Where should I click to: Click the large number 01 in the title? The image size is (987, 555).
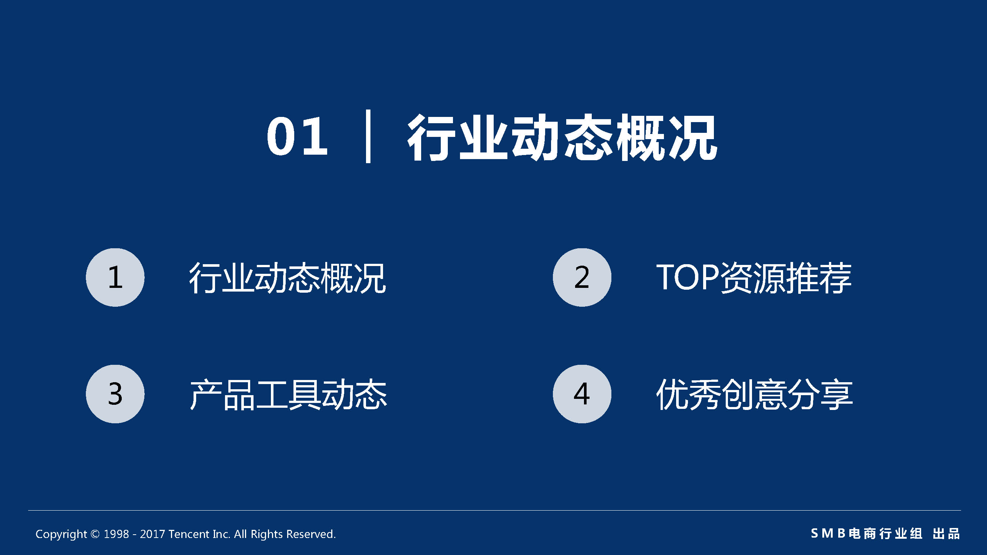pos(297,137)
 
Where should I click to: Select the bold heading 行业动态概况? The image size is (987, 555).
pos(562,137)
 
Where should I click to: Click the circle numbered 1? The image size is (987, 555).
pos(115,277)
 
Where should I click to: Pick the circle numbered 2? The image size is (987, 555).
pos(582,277)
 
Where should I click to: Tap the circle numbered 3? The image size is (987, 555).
pos(115,394)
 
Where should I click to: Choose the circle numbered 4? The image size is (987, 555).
pos(582,394)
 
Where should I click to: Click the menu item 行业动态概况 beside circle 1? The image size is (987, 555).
pos(287,278)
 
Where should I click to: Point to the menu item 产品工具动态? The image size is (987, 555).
pos(289,394)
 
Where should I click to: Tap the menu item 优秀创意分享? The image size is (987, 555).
pos(755,394)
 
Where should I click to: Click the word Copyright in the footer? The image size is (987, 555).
pos(61,534)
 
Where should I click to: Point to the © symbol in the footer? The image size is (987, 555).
pos(95,534)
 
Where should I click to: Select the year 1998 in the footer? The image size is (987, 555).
pos(116,534)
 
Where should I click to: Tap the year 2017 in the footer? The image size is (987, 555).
pos(152,534)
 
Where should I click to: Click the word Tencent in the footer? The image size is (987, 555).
pos(189,534)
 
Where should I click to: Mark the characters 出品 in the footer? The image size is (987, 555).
pos(946,533)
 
